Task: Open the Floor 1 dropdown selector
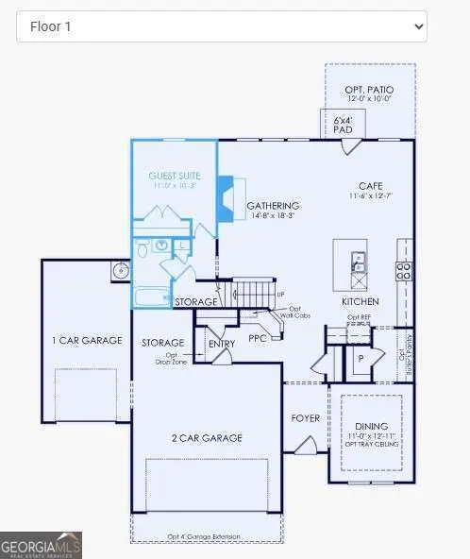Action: [221, 26]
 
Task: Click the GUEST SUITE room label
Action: [174, 176]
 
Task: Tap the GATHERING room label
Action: [273, 206]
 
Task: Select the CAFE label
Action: [370, 185]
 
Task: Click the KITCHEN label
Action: [360, 301]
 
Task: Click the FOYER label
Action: [305, 416]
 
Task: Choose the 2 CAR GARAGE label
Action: [208, 437]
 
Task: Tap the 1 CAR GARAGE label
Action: [87, 340]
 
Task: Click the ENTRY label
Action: [222, 343]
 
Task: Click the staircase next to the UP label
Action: [252, 293]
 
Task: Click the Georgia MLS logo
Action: [42, 545]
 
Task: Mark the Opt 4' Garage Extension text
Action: [203, 537]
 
